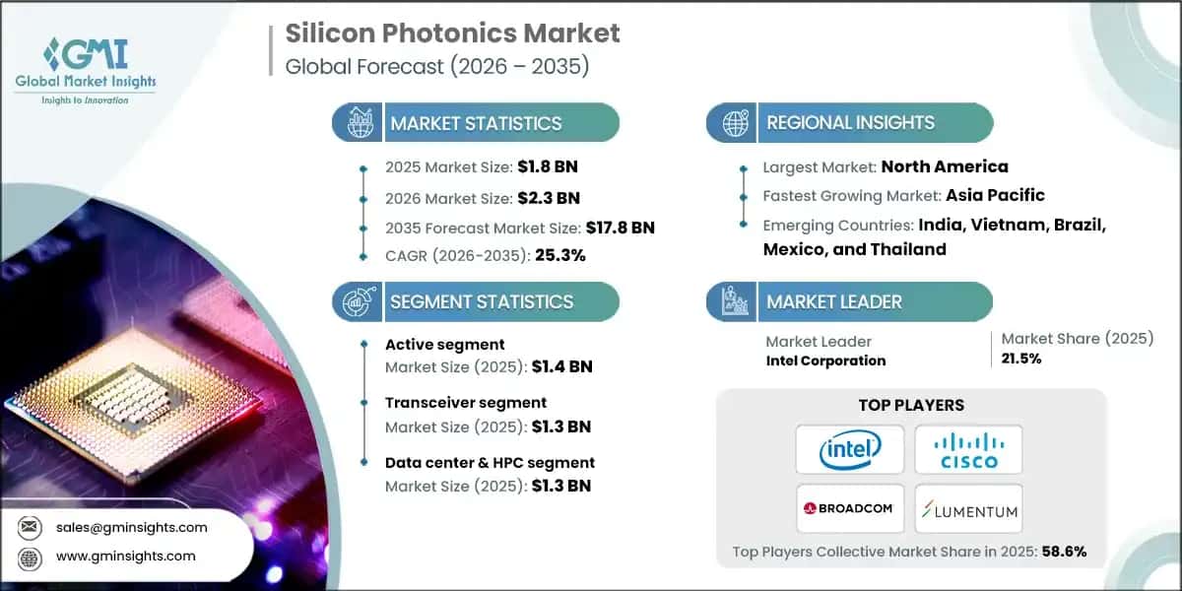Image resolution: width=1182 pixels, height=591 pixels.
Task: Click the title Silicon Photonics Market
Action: (x=453, y=33)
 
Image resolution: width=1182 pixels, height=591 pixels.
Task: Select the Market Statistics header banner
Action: (x=477, y=123)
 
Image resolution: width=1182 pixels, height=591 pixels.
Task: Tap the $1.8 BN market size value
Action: (x=542, y=167)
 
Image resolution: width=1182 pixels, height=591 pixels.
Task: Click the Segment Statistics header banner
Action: (x=477, y=301)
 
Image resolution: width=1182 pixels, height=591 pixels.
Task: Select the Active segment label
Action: (x=445, y=344)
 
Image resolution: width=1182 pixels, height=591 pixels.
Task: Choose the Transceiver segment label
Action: (x=466, y=402)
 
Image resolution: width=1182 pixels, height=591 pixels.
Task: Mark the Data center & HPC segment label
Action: (x=491, y=461)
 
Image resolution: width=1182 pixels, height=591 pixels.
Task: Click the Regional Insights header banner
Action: (x=850, y=123)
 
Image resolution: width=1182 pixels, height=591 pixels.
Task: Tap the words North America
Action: (x=945, y=166)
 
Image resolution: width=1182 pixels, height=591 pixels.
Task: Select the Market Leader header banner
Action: (x=850, y=301)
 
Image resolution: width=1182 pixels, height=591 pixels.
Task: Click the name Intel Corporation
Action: (x=825, y=361)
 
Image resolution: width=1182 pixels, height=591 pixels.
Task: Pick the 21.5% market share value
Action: (x=1021, y=359)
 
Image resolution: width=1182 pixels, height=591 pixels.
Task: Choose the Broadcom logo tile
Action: (x=849, y=508)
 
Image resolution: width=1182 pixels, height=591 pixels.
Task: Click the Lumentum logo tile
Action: (x=968, y=508)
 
